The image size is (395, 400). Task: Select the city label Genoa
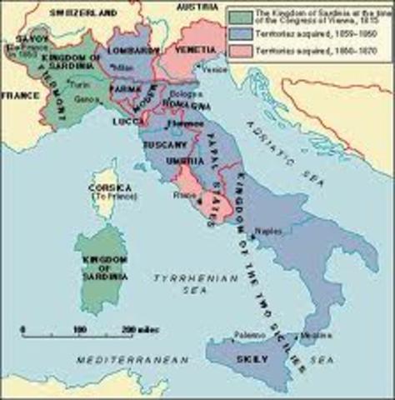83,121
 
